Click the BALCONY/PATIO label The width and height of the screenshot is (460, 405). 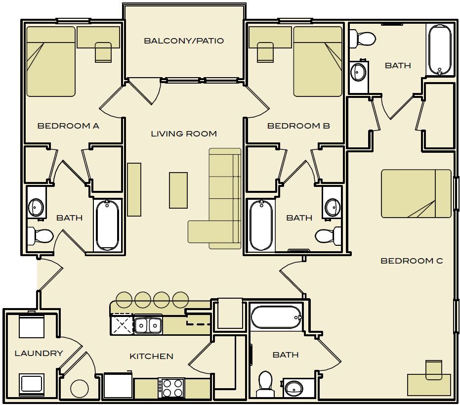pyautogui.click(x=183, y=41)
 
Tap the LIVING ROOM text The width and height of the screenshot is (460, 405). pyautogui.click(x=183, y=134)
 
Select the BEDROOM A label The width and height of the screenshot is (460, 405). pyautogui.click(x=68, y=126)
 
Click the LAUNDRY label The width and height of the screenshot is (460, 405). pyautogui.click(x=39, y=353)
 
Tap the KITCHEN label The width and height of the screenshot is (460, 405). pyautogui.click(x=151, y=356)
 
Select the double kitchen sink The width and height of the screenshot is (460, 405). pyautogui.click(x=148, y=325)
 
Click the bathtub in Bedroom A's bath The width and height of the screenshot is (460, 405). pyautogui.click(x=107, y=225)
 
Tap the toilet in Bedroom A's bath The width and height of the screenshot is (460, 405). pyautogui.click(x=41, y=235)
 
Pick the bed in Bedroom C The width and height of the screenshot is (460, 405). pyautogui.click(x=416, y=193)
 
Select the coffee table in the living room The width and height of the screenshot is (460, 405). pyautogui.click(x=178, y=190)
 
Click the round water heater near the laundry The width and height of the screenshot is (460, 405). pyautogui.click(x=79, y=389)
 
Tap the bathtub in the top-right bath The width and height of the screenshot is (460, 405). pyautogui.click(x=439, y=50)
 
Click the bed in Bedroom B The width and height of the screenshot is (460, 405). pyautogui.click(x=317, y=62)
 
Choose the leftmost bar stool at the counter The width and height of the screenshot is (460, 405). pyautogui.click(x=124, y=299)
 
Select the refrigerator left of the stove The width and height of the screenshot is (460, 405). pyautogui.click(x=118, y=386)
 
